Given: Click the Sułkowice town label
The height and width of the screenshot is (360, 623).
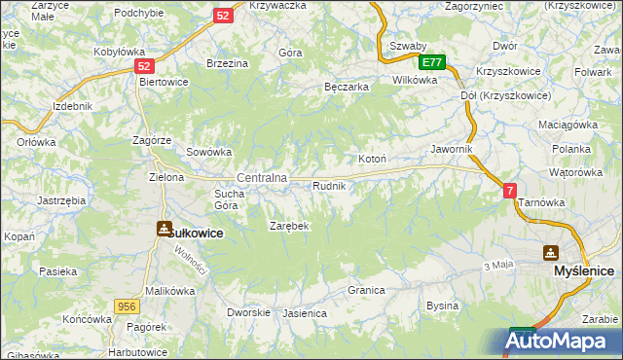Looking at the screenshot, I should click(197, 234).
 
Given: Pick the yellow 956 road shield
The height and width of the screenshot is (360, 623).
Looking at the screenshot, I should click(124, 306).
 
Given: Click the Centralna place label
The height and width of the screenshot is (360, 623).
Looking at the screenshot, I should click(262, 178).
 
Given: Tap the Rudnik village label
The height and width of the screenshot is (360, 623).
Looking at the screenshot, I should click(328, 185).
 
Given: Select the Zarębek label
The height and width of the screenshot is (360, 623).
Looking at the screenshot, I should click(289, 226).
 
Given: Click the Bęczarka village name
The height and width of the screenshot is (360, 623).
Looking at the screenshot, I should click(346, 87).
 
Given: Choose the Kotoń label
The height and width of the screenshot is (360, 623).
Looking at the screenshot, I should click(373, 159).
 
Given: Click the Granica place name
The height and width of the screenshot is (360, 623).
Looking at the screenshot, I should click(367, 290).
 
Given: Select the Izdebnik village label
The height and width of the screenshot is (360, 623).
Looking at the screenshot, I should click(73, 105).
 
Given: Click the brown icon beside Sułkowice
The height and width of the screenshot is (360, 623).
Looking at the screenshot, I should click(163, 228).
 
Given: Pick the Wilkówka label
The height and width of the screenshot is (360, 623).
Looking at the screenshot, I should click(414, 80).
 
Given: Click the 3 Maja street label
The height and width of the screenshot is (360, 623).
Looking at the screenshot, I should click(497, 265).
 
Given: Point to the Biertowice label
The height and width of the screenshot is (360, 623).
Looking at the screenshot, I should click(164, 82).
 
